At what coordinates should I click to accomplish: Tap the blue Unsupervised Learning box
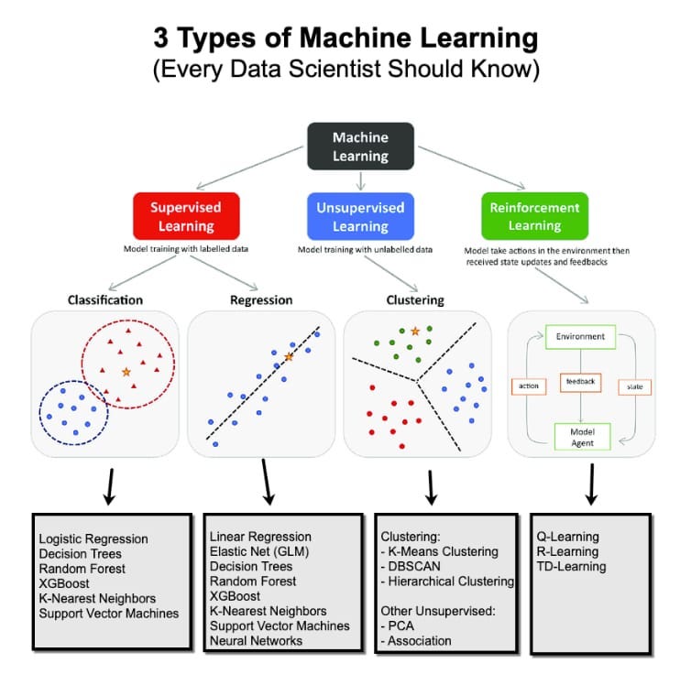pos(360,215)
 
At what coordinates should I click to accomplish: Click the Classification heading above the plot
pos(104,299)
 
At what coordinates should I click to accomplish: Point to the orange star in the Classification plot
pos(126,372)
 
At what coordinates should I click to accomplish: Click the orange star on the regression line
pos(289,356)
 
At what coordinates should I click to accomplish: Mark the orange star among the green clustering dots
pos(415,330)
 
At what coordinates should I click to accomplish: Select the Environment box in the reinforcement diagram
pos(580,336)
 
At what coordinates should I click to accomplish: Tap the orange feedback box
pos(580,380)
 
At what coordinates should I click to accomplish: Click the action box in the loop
pos(529,386)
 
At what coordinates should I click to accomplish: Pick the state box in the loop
pos(635,386)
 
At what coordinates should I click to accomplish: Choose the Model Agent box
pos(580,436)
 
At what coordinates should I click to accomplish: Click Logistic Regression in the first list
pos(93,539)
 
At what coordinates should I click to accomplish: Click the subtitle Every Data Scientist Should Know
pos(346,69)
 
